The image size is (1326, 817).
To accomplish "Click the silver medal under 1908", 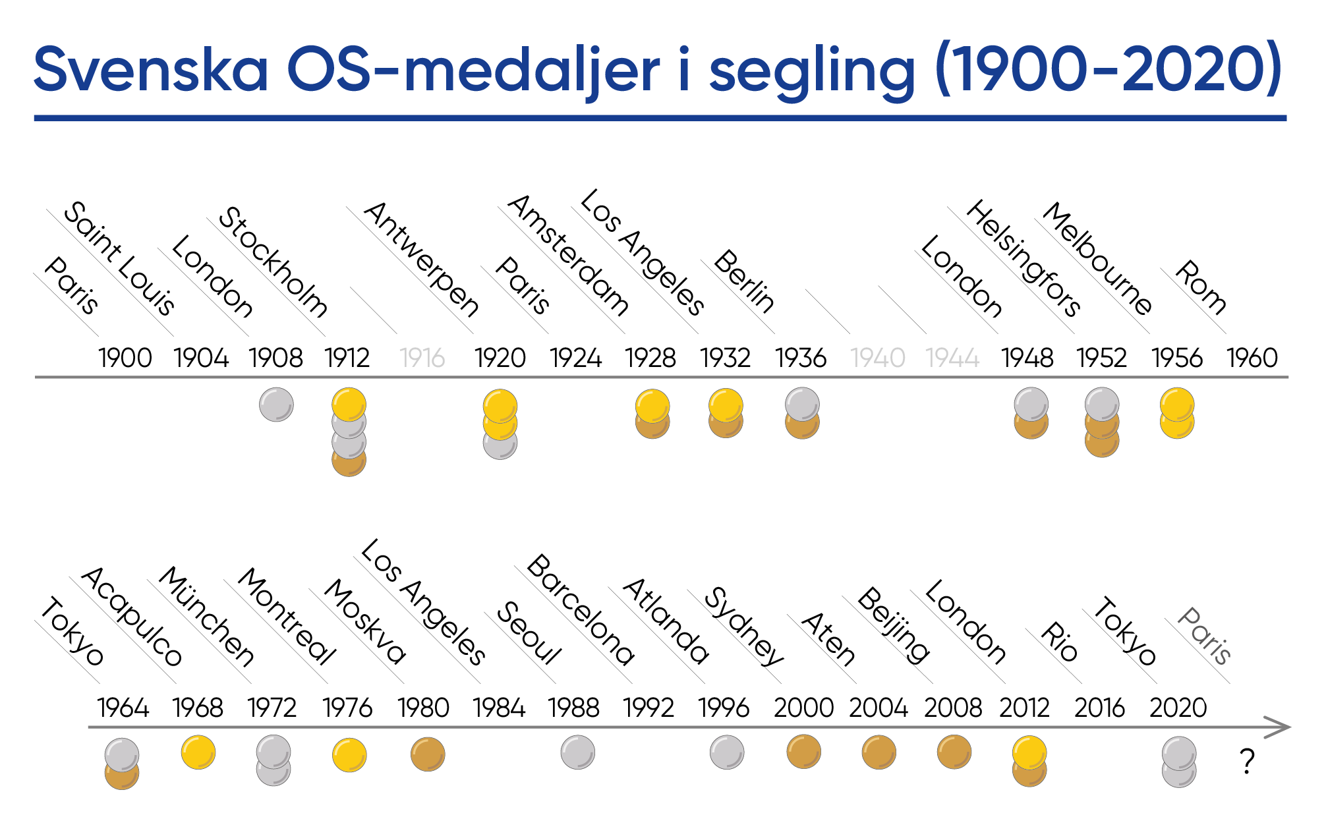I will coord(276,404).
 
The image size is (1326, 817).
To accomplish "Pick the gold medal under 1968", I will coord(198,752).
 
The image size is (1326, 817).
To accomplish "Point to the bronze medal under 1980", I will coord(428,754).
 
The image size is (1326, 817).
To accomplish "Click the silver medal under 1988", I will coord(578,752).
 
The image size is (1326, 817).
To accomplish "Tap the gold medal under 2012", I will coord(1029,752).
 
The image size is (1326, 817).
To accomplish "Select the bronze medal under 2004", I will coord(879,752).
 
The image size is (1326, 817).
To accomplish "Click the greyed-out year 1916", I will coord(422,358).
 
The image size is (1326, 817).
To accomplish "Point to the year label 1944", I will coord(952,358).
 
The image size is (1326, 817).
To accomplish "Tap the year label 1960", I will coord(1252,358).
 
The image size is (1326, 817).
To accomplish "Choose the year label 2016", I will coord(1099,708).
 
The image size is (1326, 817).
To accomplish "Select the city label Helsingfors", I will coord(1023,258).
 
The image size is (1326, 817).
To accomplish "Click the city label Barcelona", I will coord(581,609).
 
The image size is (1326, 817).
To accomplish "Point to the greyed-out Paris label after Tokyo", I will coord(1204,636).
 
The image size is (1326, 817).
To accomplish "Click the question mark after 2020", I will coord(1247,762).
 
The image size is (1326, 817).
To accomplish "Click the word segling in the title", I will coord(812,71).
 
